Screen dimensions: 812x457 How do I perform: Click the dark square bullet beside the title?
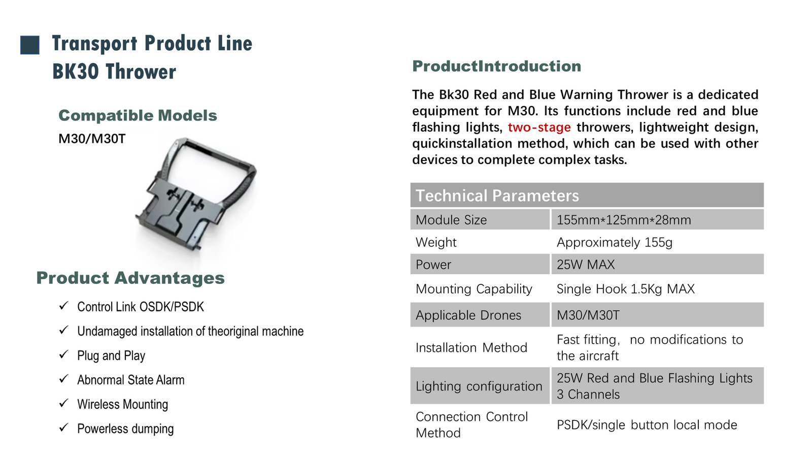click(30, 45)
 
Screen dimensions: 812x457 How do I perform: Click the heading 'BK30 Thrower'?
click(114, 72)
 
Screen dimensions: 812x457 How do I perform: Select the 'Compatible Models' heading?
click(138, 116)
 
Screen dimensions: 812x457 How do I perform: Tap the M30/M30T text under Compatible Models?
click(92, 139)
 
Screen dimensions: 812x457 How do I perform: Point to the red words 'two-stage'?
click(539, 127)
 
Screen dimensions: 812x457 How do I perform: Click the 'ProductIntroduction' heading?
click(497, 67)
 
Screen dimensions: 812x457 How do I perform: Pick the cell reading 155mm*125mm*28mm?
click(624, 220)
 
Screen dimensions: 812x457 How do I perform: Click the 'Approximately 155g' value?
click(615, 242)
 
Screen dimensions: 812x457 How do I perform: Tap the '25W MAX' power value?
click(586, 265)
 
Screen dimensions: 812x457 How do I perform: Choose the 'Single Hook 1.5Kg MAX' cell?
click(626, 289)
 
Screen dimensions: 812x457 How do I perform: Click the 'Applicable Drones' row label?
click(468, 315)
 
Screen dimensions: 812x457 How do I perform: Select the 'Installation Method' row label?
click(471, 347)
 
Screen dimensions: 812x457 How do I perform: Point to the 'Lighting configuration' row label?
click(479, 386)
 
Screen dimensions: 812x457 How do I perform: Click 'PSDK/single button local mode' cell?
click(647, 425)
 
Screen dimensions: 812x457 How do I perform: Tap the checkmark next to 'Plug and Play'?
click(64, 354)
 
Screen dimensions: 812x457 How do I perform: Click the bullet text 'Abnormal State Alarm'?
click(131, 380)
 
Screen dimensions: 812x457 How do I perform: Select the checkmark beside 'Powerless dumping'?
click(64, 427)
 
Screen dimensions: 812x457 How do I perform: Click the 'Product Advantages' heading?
click(130, 278)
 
